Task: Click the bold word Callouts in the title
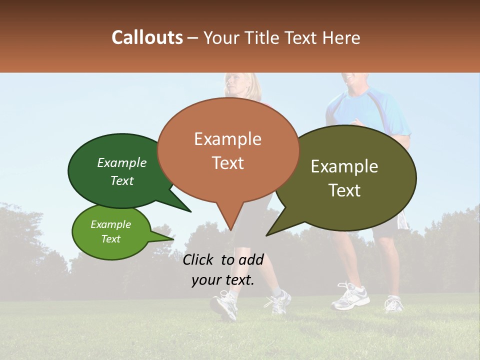tap(147, 37)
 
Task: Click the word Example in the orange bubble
tap(228, 139)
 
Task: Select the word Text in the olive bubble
tap(344, 190)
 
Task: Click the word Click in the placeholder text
tap(199, 259)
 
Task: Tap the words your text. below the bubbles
tap(223, 280)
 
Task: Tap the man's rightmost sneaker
tap(394, 303)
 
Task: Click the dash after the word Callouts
tap(193, 37)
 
